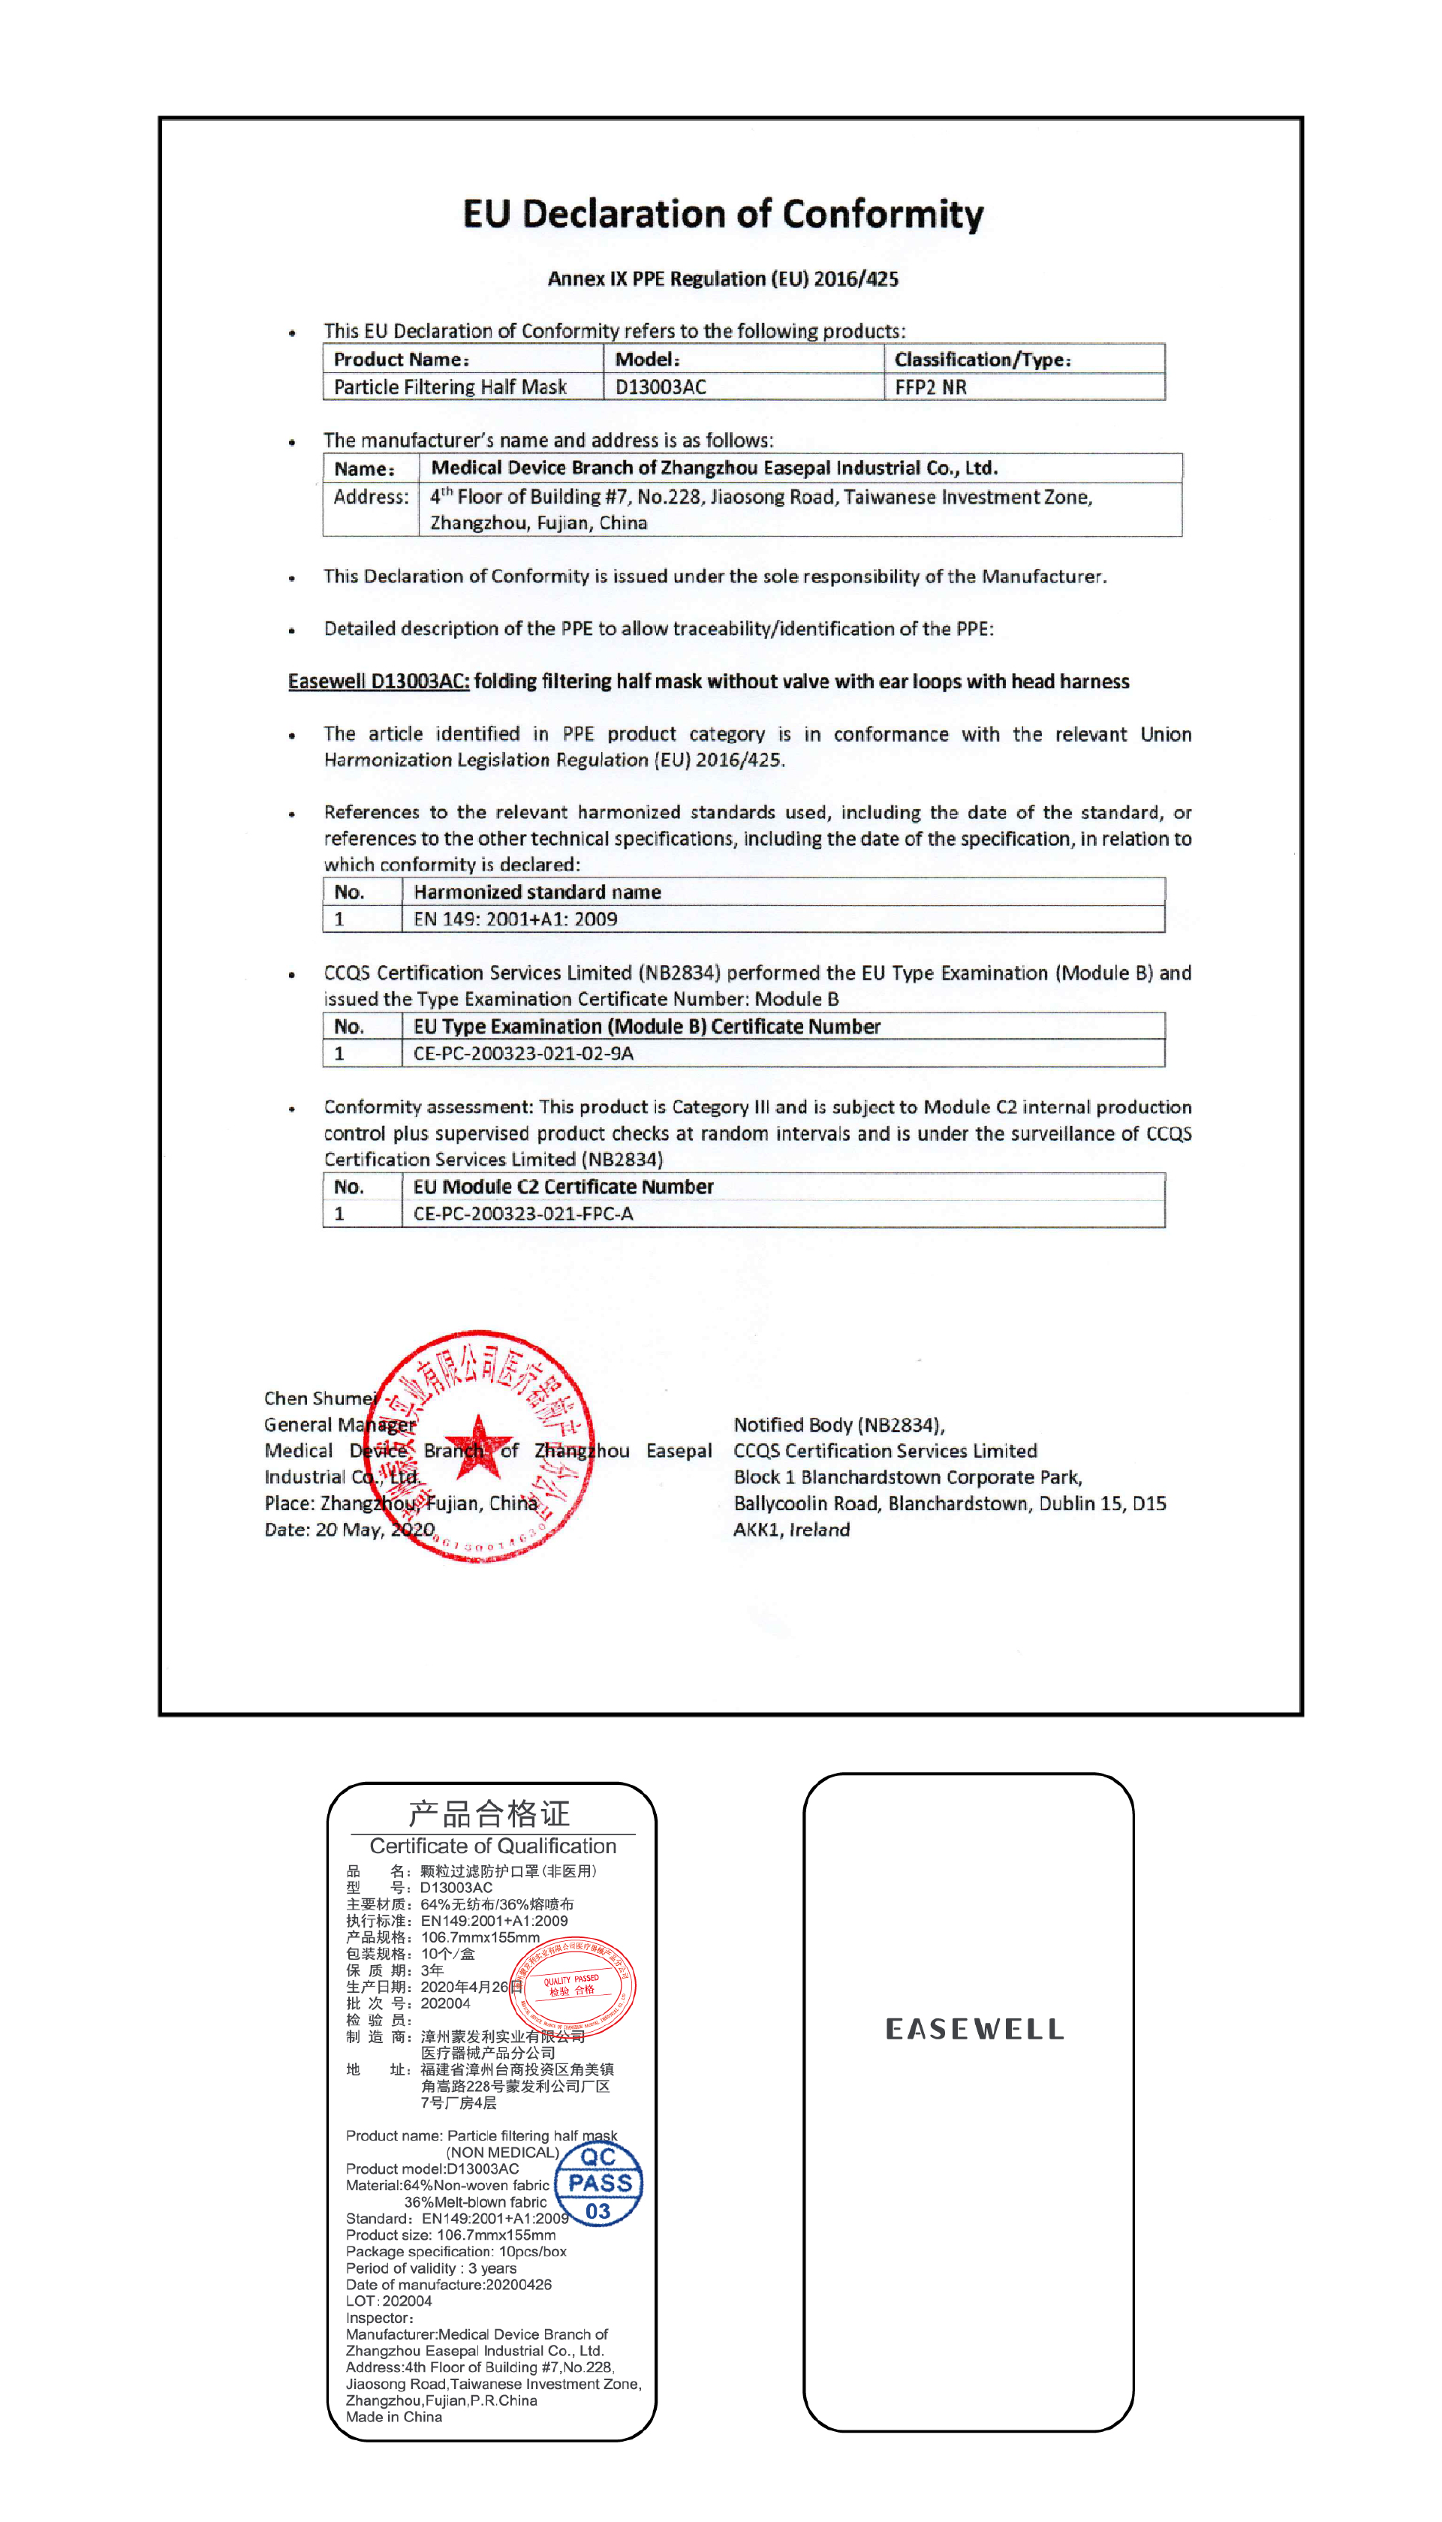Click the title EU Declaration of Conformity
click(723, 214)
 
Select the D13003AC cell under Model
click(661, 387)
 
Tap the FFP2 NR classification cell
click(930, 387)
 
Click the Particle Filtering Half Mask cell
click(450, 387)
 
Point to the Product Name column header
click(401, 360)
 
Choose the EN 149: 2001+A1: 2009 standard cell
click(515, 919)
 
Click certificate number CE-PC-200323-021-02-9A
click(523, 1054)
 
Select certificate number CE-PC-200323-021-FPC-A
click(523, 1214)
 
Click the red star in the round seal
click(478, 1445)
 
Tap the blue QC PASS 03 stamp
click(598, 2184)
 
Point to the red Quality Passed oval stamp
click(573, 1985)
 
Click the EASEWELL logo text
click(974, 2030)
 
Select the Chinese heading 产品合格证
click(489, 1814)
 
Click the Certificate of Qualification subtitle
click(492, 1846)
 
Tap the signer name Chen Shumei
click(320, 1398)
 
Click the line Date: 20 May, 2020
click(348, 1530)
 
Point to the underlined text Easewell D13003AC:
click(378, 682)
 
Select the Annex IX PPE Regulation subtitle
click(723, 279)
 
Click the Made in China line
click(394, 2417)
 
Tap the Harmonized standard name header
click(537, 892)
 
